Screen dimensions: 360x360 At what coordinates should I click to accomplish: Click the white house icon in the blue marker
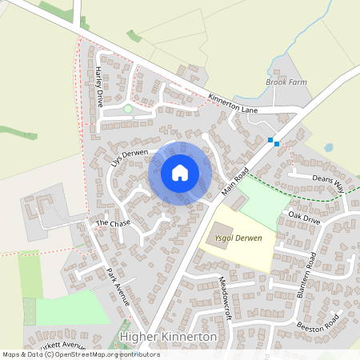pos(180,172)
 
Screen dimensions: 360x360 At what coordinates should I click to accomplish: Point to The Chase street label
pos(113,223)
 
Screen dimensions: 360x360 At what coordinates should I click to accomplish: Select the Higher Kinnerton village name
pos(167,337)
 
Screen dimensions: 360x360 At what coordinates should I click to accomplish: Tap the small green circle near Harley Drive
pos(128,108)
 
